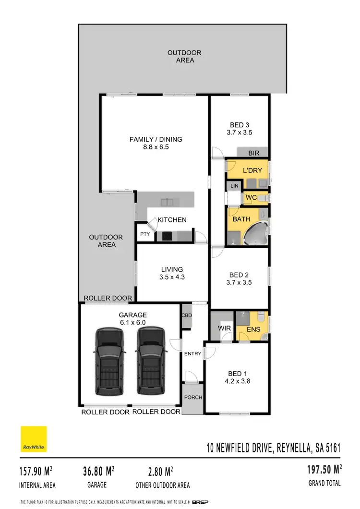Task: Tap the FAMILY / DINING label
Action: click(149, 139)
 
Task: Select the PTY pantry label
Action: click(145, 235)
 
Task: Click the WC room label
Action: click(251, 197)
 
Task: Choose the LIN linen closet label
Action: click(235, 185)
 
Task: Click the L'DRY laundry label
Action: click(252, 170)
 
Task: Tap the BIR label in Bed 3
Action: click(253, 153)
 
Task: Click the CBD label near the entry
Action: click(186, 315)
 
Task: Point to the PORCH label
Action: click(193, 397)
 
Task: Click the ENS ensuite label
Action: click(253, 329)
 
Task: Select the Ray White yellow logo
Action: click(33, 439)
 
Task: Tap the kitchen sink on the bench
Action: click(168, 201)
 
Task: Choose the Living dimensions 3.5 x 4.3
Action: click(172, 277)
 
